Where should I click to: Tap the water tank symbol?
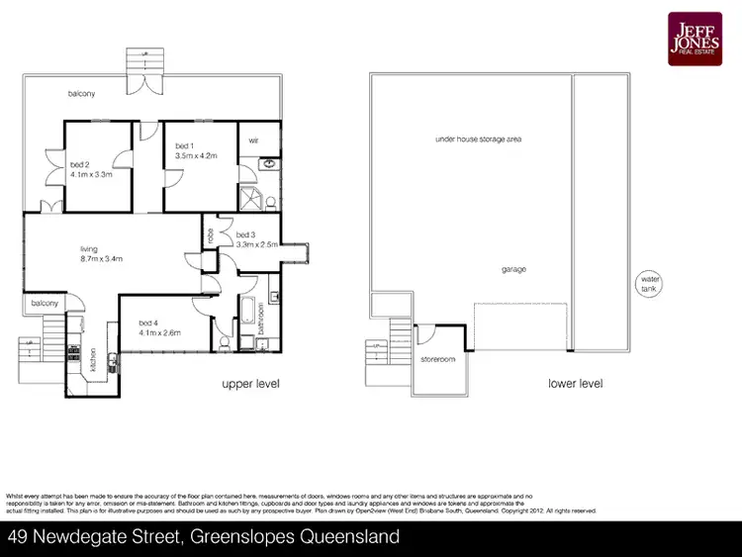pos(649,284)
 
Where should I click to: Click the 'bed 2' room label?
pos(81,163)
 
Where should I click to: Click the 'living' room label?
pos(91,248)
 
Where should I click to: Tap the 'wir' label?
pos(253,139)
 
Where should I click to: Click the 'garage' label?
pos(512,269)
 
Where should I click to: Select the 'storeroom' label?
pos(437,359)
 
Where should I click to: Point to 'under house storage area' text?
pos(478,139)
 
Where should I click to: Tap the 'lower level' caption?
pos(575,384)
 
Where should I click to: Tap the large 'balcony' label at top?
pos(82,94)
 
